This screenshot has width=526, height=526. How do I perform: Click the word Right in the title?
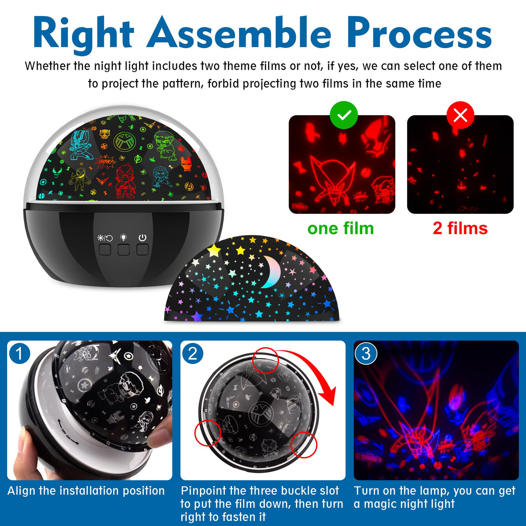(84, 35)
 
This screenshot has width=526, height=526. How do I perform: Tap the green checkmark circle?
(344, 115)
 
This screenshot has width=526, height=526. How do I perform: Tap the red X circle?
(460, 115)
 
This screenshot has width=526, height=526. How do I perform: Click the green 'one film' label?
(341, 228)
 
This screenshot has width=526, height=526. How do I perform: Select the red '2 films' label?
(460, 228)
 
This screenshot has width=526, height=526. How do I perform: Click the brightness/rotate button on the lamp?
(105, 250)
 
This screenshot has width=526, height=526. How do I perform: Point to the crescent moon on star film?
(272, 272)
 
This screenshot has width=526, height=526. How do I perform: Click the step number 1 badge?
(20, 354)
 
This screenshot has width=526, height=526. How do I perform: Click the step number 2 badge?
(193, 354)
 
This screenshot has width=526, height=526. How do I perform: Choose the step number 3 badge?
(366, 354)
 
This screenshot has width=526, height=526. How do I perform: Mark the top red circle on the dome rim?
(265, 360)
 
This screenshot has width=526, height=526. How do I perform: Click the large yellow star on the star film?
(214, 250)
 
